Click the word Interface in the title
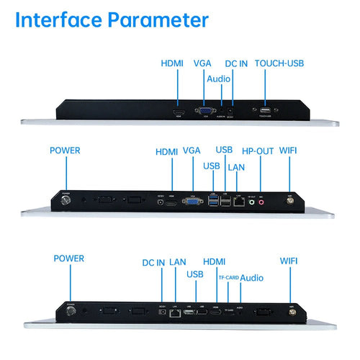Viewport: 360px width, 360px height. [x=65, y=19]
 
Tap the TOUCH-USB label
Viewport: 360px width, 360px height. [x=279, y=63]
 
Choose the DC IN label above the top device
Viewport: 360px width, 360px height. [x=236, y=63]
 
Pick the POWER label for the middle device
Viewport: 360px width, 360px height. [x=65, y=151]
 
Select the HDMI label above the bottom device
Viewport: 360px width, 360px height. [x=215, y=261]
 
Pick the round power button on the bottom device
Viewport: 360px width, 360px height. [x=71, y=311]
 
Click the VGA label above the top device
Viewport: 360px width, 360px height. [x=202, y=63]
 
